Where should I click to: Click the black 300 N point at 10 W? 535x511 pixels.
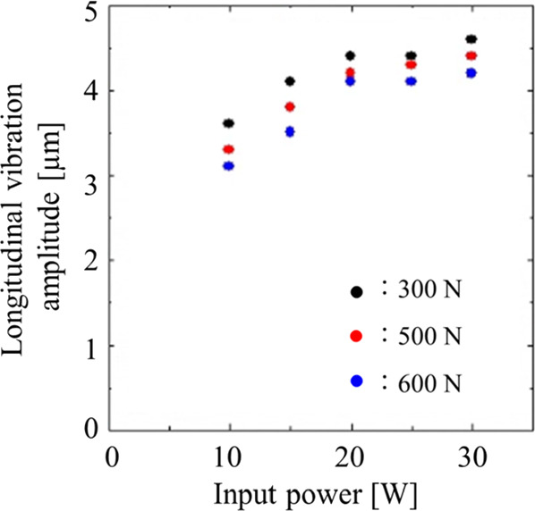(x=229, y=123)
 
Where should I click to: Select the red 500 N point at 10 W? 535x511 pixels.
(x=229, y=149)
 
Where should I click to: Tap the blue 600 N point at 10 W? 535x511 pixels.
(x=229, y=166)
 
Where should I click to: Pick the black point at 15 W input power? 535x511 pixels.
(x=290, y=81)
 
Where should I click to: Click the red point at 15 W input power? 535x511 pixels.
(x=290, y=106)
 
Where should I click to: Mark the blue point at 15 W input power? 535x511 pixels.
(x=290, y=131)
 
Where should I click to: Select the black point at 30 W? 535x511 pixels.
(x=471, y=38)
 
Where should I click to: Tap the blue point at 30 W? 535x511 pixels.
(x=471, y=73)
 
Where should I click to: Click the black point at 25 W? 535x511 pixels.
(x=412, y=55)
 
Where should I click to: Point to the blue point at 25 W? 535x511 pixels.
(x=412, y=81)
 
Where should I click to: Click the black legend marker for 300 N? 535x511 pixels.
(x=357, y=291)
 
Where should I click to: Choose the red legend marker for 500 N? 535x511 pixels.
(x=357, y=336)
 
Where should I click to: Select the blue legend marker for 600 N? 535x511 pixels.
(x=357, y=381)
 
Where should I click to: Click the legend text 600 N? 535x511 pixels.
(x=429, y=383)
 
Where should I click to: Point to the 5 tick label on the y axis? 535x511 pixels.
(x=89, y=13)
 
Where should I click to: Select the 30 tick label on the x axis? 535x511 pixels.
(x=471, y=458)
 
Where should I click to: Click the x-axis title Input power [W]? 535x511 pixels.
(x=316, y=495)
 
